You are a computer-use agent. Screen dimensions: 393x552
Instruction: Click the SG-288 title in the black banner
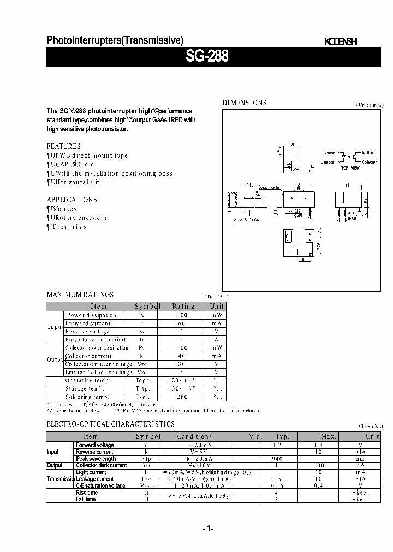tap(208, 57)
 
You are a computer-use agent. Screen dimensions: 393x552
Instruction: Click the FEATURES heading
tap(63, 146)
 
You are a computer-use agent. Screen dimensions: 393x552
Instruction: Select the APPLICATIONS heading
tap(72, 200)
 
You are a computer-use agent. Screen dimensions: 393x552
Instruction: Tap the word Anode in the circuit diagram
tap(329, 153)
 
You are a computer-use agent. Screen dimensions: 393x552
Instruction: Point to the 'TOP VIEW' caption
tap(350, 168)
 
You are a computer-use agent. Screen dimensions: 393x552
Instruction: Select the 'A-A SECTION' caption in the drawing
tap(246, 220)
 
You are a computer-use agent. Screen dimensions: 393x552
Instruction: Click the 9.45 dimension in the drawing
tap(298, 215)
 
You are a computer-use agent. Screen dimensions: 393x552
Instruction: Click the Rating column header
tap(183, 306)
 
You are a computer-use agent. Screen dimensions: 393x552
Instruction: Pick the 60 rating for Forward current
tap(182, 323)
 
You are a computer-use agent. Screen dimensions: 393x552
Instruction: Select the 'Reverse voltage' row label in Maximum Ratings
tap(87, 331)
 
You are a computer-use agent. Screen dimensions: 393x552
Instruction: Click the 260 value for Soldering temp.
tap(183, 397)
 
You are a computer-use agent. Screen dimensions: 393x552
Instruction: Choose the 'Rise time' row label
tap(87, 493)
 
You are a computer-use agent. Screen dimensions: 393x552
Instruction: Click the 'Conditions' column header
tap(194, 436)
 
